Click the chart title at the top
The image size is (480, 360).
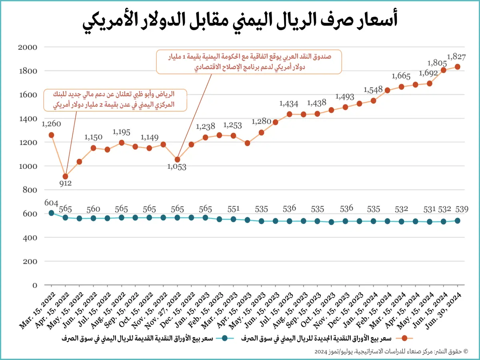[240, 21]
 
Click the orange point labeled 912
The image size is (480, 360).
[65, 176]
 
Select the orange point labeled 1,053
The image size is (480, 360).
[177, 160]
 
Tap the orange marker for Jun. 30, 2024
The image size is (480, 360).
[457, 67]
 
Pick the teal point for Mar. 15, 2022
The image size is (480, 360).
[51, 213]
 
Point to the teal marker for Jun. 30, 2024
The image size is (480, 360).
[457, 221]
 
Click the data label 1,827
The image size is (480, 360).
[456, 57]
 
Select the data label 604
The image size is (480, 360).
[51, 203]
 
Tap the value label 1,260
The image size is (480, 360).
[51, 124]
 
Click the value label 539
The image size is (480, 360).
[462, 209]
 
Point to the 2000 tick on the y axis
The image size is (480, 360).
[28, 47]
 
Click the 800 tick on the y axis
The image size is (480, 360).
[30, 190]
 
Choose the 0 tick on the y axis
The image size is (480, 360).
[35, 285]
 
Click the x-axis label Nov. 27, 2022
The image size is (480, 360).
[163, 311]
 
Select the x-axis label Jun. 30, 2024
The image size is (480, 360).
[443, 311]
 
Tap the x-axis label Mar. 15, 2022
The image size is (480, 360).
[37, 311]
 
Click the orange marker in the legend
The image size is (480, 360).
[404, 338]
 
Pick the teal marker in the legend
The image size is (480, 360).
[224, 338]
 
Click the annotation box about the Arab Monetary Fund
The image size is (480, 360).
[249, 62]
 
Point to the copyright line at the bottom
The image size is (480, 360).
[391, 352]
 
